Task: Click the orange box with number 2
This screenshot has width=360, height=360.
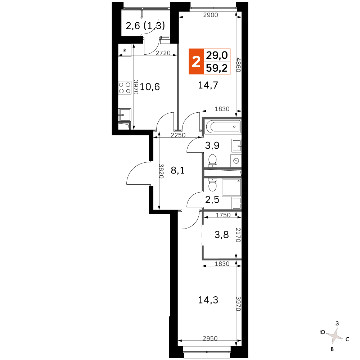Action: click(x=196, y=62)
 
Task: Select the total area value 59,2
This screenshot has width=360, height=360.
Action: click(x=217, y=68)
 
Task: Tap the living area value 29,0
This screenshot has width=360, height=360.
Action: click(x=217, y=55)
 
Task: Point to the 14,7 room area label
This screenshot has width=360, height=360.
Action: click(x=208, y=85)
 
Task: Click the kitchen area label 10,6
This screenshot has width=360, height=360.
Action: click(x=150, y=87)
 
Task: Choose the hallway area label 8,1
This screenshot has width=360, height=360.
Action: click(x=178, y=170)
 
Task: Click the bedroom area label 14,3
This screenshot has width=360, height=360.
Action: click(x=208, y=300)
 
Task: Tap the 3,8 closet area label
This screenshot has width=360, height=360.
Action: click(x=221, y=235)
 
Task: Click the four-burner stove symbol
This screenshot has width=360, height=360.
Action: click(x=125, y=88)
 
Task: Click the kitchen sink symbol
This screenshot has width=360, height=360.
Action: click(x=125, y=115)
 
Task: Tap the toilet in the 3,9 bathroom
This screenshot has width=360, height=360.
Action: click(x=212, y=161)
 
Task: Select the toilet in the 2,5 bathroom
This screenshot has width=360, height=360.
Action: click(x=212, y=185)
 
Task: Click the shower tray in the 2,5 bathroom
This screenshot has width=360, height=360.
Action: click(x=231, y=188)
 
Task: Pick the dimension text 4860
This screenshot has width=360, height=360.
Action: click(x=238, y=65)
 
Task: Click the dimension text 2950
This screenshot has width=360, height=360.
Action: click(x=210, y=338)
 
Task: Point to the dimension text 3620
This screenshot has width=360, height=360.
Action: click(x=161, y=171)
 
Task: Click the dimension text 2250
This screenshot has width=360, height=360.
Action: click(x=178, y=135)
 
